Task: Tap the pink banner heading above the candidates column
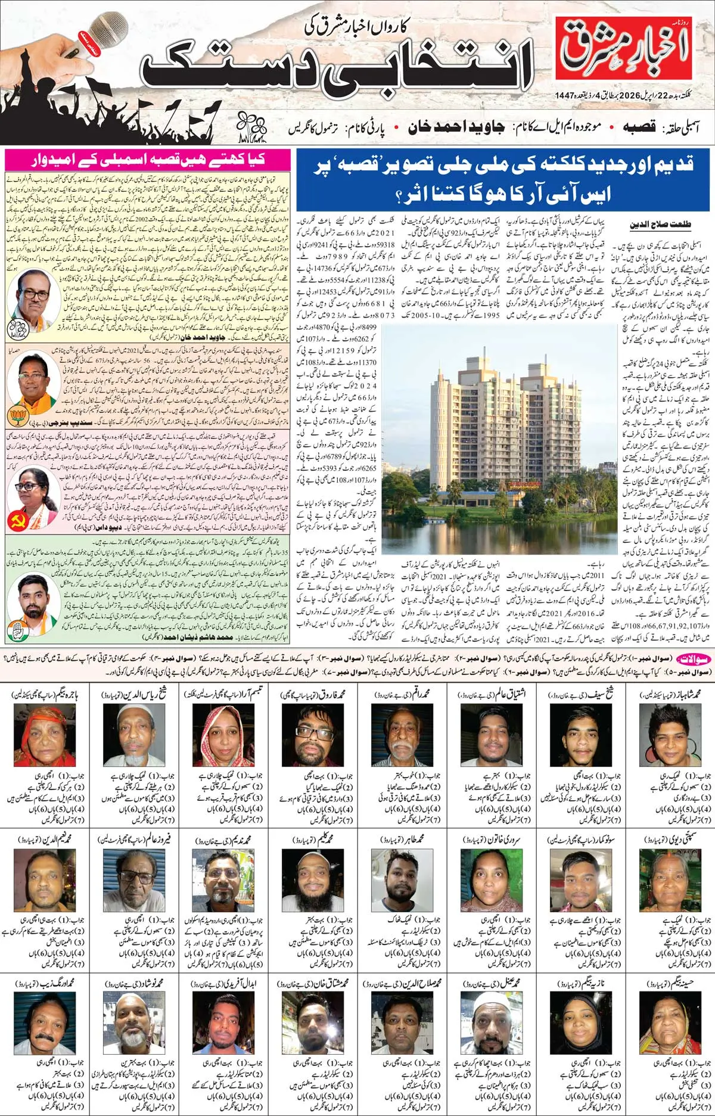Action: [x=148, y=159]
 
